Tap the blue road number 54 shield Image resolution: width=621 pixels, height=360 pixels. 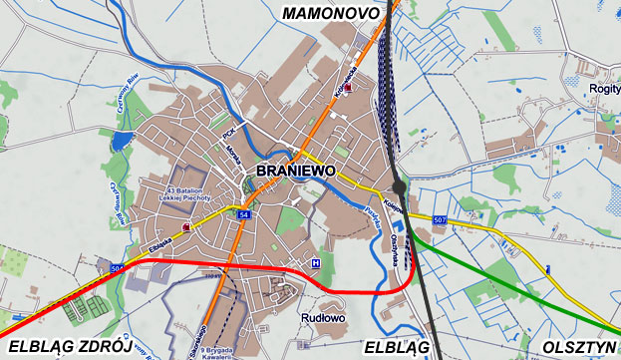(x=243, y=214)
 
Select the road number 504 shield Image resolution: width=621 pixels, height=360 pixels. (x=117, y=269)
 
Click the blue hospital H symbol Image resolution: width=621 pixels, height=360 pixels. (x=317, y=263)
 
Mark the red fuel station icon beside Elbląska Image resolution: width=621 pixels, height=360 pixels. (x=185, y=227)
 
